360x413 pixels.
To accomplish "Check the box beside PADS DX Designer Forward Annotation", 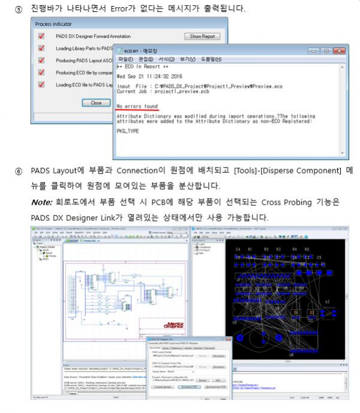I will [x=41, y=37].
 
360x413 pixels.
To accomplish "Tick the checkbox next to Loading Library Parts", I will [x=41, y=48].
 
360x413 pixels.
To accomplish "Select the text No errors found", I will [x=137, y=106].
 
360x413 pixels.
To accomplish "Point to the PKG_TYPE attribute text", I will [x=130, y=130].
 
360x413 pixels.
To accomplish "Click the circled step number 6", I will [x=19, y=171].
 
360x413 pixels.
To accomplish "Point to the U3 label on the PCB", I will [x=328, y=301].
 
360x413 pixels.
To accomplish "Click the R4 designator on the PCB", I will [x=295, y=249].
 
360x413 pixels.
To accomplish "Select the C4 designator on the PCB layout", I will [x=238, y=249].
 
